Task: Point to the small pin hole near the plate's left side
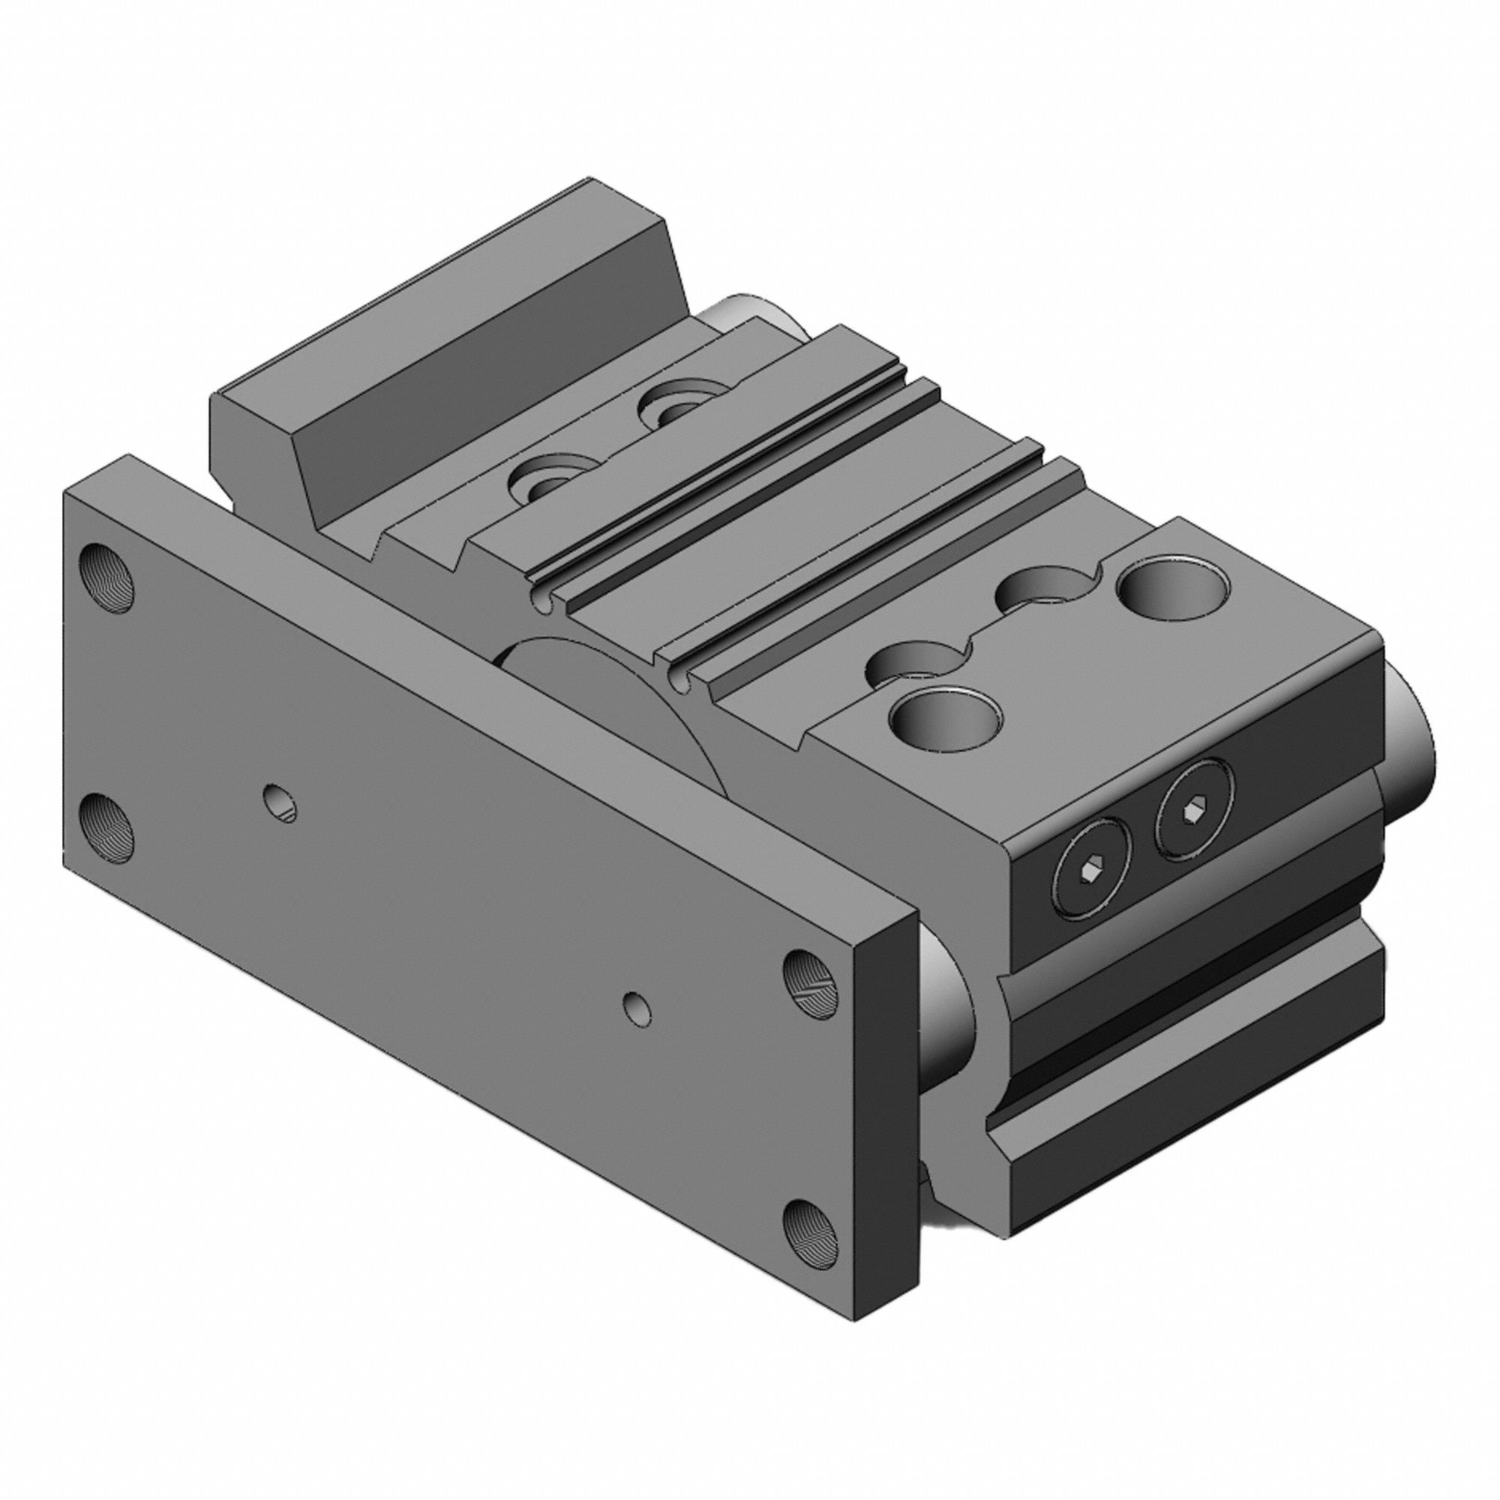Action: tap(280, 802)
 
